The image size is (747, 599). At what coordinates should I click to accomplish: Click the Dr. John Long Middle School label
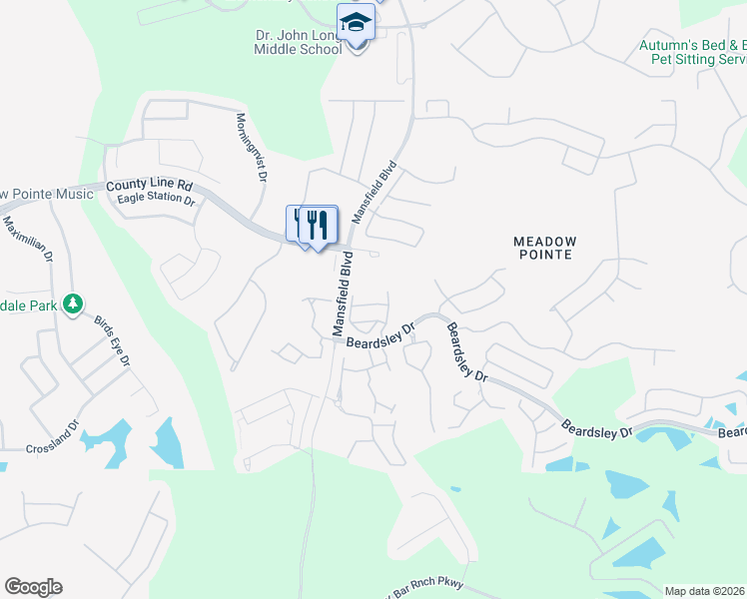coord(298,41)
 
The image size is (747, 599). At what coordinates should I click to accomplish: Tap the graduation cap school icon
coord(356,22)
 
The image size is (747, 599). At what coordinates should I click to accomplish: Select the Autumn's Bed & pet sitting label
coord(693,52)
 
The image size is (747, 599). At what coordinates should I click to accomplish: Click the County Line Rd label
coord(149,185)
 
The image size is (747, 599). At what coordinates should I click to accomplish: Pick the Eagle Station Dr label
coord(155,199)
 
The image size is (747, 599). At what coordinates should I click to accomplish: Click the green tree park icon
coord(72,302)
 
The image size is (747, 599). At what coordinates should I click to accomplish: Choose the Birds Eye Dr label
coord(112,340)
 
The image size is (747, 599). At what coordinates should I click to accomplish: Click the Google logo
coord(33,587)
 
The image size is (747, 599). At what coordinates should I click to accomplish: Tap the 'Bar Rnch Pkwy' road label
coord(418,590)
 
